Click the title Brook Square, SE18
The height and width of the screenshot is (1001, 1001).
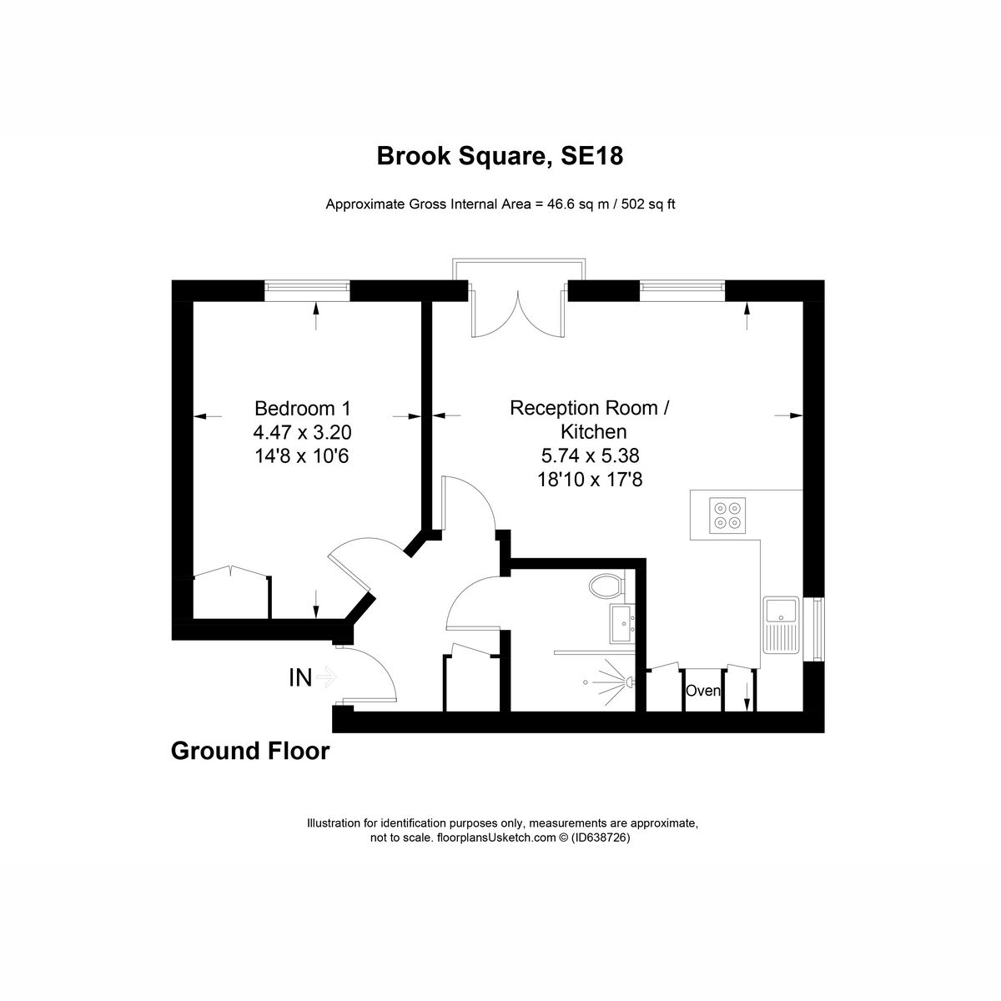click(500, 156)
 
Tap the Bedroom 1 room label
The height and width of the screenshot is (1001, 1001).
click(303, 409)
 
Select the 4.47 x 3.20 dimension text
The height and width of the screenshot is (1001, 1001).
click(303, 432)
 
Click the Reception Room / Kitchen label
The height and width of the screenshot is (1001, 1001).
click(590, 420)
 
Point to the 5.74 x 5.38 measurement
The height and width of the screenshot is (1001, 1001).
click(590, 455)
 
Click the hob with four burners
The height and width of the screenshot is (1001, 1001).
click(726, 515)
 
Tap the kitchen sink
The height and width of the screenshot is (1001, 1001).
click(782, 625)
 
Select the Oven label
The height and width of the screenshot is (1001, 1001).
click(703, 691)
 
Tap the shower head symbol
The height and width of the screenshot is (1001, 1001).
click(621, 682)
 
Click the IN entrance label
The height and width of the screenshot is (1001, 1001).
click(300, 678)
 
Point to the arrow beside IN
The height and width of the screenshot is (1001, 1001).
click(326, 677)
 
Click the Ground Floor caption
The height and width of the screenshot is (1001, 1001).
click(250, 752)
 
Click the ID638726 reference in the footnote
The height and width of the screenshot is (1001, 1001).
click(600, 839)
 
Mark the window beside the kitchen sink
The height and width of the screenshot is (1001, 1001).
click(815, 630)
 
